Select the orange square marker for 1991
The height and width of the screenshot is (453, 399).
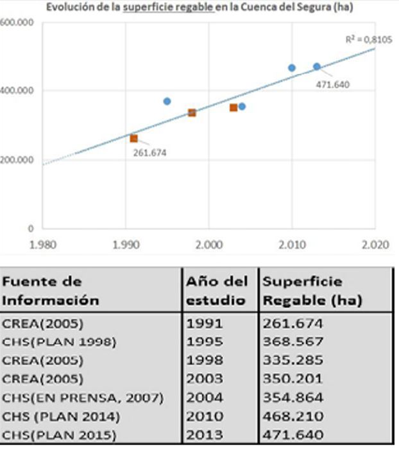click(133, 138)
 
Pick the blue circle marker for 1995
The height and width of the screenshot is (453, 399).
click(167, 101)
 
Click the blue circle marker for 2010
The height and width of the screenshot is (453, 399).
click(292, 67)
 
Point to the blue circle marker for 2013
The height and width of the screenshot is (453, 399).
click(317, 66)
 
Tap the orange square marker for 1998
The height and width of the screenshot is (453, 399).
click(192, 112)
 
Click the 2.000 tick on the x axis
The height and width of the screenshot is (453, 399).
click(209, 244)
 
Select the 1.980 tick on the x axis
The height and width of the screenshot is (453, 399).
click(44, 244)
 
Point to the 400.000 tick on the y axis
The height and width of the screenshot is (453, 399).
click(17, 91)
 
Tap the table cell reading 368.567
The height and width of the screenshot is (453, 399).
click(293, 342)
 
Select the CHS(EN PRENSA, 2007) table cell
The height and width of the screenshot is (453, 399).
click(83, 398)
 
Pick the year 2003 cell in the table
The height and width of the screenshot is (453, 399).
click(205, 379)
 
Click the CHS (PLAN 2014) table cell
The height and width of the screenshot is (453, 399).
click(61, 416)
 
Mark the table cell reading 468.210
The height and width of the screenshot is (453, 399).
click(293, 416)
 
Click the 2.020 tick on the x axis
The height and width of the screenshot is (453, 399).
click(375, 244)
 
